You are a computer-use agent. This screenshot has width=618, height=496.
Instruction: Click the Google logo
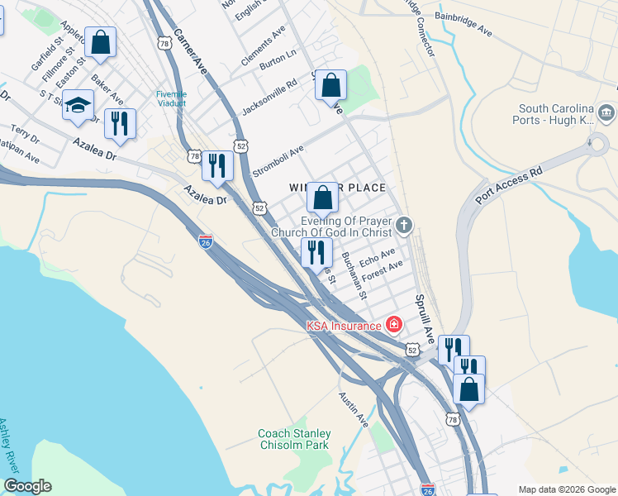point(27,486)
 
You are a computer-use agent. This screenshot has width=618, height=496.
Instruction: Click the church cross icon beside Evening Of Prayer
point(403,225)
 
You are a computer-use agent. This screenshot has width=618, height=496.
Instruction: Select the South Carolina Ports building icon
point(606,112)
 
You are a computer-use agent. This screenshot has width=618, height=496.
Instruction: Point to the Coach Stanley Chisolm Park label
point(294,439)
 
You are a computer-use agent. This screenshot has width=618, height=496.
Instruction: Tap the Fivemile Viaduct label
point(171,99)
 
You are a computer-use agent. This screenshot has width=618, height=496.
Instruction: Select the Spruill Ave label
point(425,319)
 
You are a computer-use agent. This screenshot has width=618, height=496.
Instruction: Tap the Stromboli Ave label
point(278,155)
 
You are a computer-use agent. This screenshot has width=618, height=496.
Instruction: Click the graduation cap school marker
point(78,105)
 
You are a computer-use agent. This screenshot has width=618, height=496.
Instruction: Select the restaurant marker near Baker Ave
point(120,124)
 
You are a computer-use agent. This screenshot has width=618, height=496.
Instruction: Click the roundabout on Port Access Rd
point(598,145)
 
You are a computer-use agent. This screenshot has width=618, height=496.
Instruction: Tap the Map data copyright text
point(566,489)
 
